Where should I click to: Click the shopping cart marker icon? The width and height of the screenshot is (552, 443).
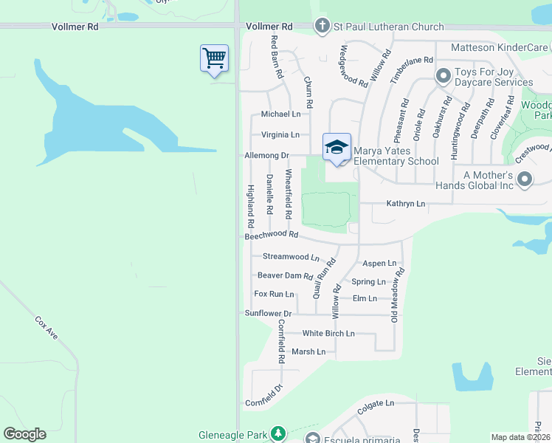click(214, 58)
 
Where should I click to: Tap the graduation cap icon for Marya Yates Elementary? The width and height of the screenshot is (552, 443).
click(337, 146)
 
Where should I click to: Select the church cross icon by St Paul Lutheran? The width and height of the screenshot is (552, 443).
click(322, 27)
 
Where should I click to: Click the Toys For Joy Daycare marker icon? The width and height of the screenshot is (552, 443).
click(444, 76)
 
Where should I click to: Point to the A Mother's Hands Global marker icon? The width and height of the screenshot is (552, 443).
click(525, 179)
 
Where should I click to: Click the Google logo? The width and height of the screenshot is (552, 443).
click(24, 434)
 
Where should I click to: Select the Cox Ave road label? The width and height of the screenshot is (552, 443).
click(46, 328)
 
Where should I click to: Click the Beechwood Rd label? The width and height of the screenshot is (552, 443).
click(271, 236)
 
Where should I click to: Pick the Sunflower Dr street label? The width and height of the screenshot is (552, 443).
click(269, 313)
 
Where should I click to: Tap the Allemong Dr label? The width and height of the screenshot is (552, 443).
click(267, 156)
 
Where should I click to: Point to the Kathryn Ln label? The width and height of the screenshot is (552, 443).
click(406, 203)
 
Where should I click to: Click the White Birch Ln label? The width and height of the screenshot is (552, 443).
click(328, 333)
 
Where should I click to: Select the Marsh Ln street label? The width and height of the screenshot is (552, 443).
click(308, 351)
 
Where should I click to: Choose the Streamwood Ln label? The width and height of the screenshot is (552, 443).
click(291, 257)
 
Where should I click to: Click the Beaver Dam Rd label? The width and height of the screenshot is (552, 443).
click(285, 275)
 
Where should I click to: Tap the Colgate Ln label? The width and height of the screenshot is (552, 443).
click(376, 403)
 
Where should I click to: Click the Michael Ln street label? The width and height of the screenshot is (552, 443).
click(280, 114)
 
